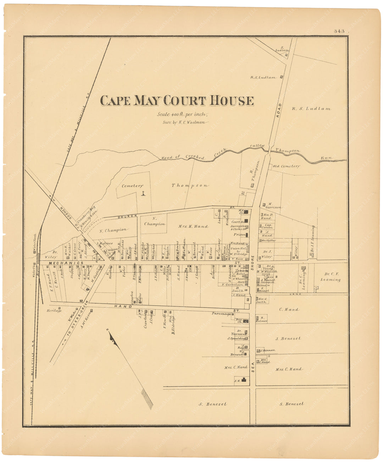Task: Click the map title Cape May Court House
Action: [x=177, y=101]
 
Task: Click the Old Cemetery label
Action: [x=286, y=166]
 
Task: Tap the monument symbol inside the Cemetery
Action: [x=143, y=194]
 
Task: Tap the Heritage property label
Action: [x=54, y=311]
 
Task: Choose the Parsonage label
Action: [x=221, y=314]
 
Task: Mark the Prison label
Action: [x=239, y=235]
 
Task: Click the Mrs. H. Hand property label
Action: [x=193, y=226]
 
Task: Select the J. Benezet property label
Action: [x=288, y=339]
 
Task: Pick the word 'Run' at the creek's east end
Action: [x=326, y=158]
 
